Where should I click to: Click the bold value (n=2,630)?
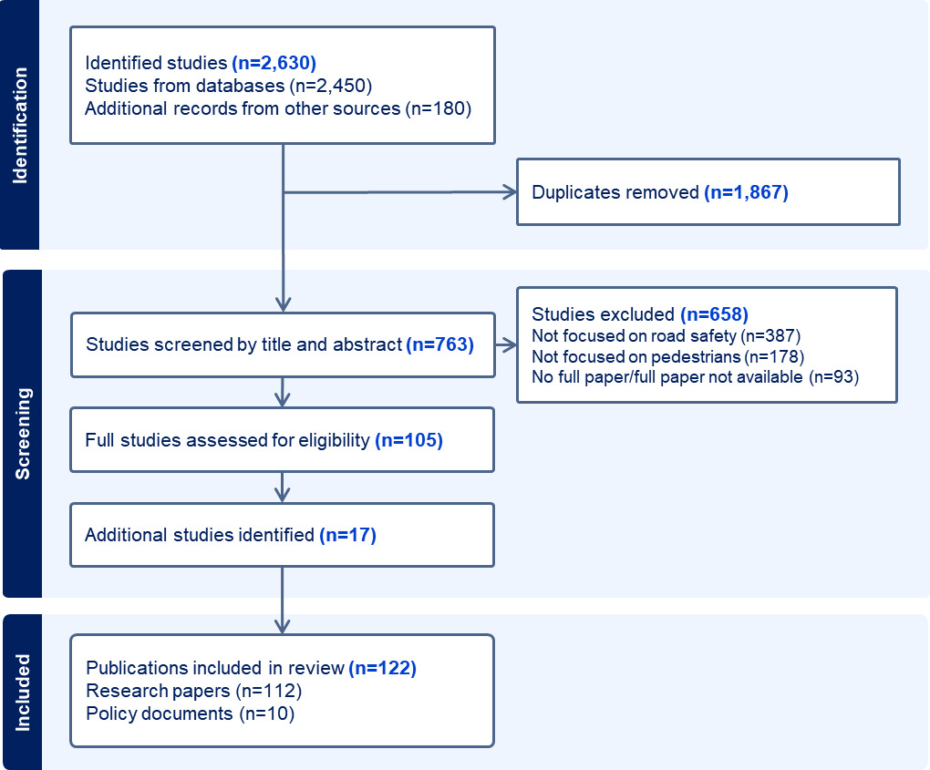(274, 64)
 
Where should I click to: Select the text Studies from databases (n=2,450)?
(229, 87)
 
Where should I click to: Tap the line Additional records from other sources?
(277, 109)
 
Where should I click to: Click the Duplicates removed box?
(708, 192)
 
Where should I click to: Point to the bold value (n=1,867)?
(746, 192)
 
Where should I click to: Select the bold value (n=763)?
(439, 344)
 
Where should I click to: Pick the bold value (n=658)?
(714, 314)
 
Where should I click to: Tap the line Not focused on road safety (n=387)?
(666, 335)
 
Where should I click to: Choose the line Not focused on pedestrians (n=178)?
(667, 355)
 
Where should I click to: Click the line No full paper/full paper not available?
(695, 375)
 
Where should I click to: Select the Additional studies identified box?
(282, 535)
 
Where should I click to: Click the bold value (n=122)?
(382, 668)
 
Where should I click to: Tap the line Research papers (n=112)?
(193, 691)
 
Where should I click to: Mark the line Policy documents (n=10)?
(190, 714)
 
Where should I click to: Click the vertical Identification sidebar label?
(20, 125)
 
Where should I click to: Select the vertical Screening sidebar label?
(20, 434)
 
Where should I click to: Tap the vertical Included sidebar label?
(22, 692)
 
